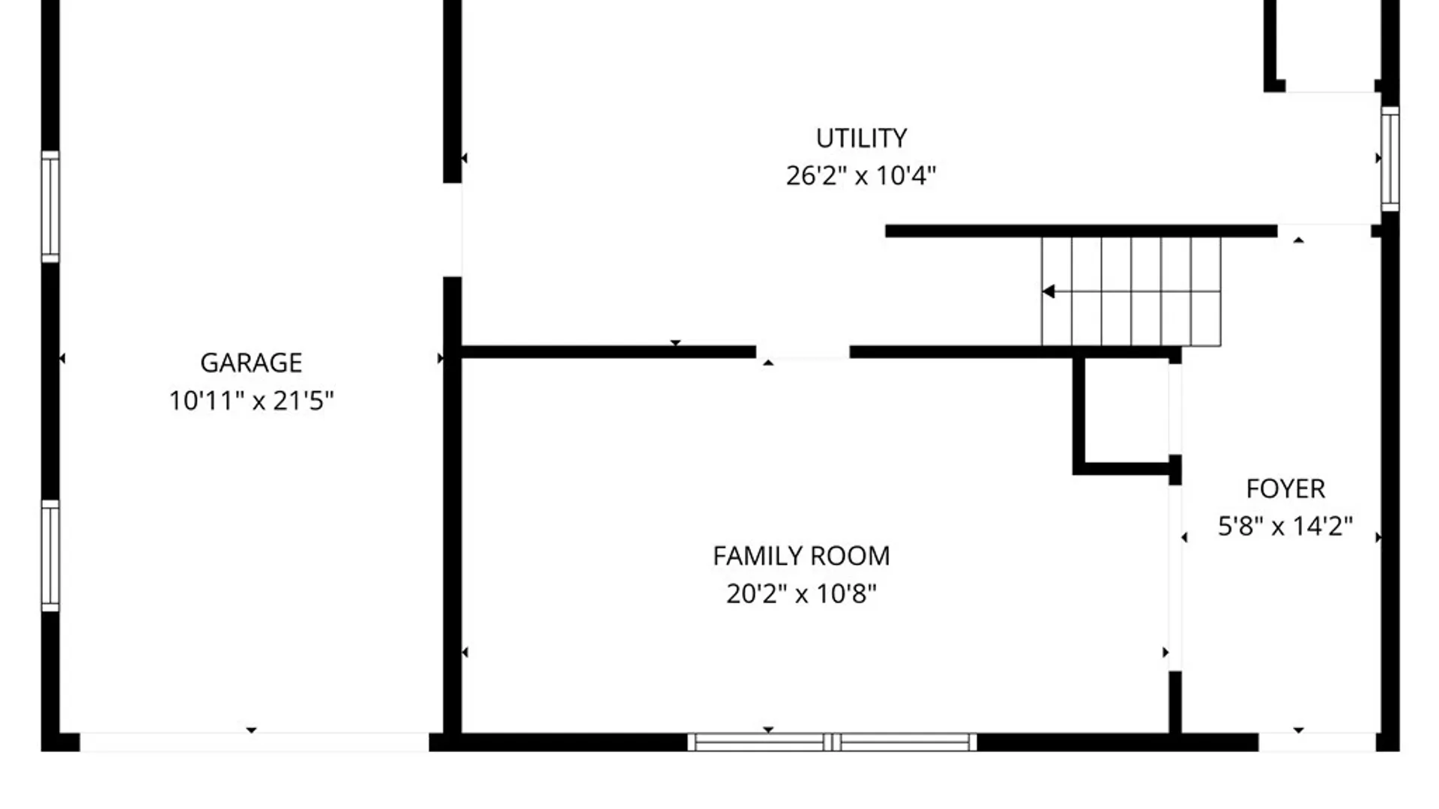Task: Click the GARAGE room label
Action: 251,363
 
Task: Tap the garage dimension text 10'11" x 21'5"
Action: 251,401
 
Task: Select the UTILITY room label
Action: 861,139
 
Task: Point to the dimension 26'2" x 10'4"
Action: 861,176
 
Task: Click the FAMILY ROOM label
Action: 801,556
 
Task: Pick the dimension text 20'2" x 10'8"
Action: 801,594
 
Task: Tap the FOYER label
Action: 1285,489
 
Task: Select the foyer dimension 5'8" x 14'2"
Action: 1285,527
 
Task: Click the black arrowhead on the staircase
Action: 1049,291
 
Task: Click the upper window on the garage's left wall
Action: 49,207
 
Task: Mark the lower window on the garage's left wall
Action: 49,555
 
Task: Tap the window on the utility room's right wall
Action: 1390,159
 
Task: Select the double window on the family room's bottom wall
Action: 832,742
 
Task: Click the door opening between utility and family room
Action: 803,352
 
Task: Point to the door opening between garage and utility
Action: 452,230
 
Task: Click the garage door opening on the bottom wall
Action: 254,742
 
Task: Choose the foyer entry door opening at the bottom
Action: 1317,742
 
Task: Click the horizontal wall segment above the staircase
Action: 1081,231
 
